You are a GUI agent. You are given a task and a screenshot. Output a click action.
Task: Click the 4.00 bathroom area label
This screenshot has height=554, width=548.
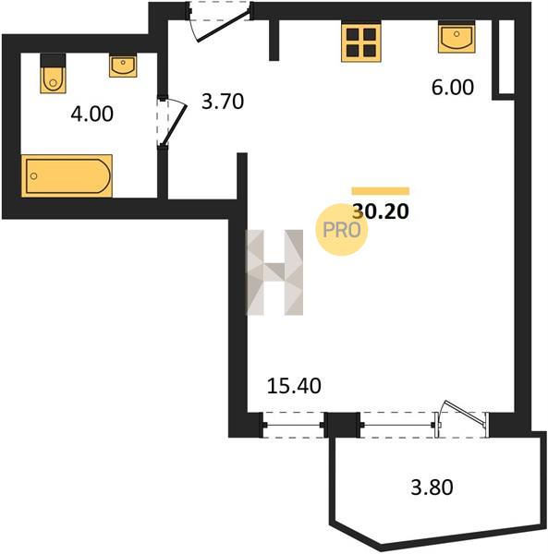coord(91,114)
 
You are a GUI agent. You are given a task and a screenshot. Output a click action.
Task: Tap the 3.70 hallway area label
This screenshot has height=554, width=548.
coord(223,102)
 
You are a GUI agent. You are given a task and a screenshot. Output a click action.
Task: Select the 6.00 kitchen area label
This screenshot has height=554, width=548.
coord(453,88)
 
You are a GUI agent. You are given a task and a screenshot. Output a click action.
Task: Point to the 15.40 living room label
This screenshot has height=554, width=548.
coord(294,385)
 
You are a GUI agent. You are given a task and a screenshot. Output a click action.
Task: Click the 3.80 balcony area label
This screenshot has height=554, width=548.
coord(432,488)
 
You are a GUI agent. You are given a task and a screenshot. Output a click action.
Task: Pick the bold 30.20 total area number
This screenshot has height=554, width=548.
coord(381,211)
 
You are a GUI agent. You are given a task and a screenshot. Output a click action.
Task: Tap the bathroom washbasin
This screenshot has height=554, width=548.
coord(123,66)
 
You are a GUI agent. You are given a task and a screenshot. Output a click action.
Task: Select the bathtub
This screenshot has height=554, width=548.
coord(67,175)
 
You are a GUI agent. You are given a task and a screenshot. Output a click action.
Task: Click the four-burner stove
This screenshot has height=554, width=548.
coord(361,42)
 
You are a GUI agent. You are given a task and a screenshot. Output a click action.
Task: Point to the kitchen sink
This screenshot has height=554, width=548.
coord(457,37)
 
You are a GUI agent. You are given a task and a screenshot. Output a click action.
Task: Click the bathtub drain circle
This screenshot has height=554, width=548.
coord(34,176)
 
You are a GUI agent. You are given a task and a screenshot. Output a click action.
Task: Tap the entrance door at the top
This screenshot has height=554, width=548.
coord(220,21)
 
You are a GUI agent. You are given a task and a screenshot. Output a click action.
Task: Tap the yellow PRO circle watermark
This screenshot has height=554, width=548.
coord(342,230)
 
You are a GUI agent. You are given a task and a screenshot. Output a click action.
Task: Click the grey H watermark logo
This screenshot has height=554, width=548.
coord(274,272)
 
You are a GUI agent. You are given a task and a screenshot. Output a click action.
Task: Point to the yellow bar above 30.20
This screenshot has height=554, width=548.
coord(381,191)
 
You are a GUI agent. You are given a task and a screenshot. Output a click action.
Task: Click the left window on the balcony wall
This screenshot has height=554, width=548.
coord(294,425)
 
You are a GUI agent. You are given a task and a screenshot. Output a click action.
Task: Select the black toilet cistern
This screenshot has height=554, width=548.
coord(53,60)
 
